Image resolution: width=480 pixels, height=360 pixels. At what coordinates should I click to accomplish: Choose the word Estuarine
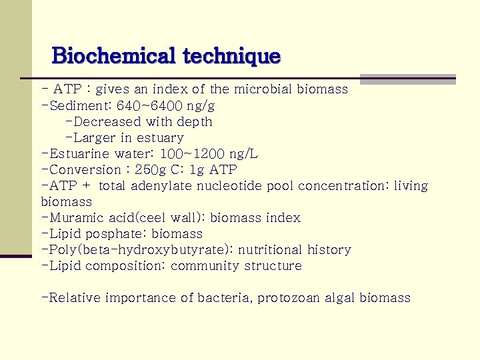(77, 154)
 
